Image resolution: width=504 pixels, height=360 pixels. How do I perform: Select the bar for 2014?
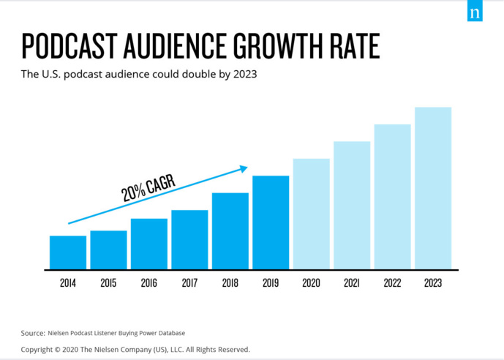click(68, 252)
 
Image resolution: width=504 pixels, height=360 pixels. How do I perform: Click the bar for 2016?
click(149, 244)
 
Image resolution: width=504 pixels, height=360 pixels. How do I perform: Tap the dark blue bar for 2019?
click(271, 222)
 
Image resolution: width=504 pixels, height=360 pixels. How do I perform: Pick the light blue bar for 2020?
click(312, 214)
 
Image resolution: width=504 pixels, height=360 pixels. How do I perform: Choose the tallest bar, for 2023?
click(433, 188)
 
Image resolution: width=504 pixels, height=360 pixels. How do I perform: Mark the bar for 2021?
click(352, 205)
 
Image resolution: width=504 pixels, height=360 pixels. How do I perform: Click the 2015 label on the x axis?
click(108, 282)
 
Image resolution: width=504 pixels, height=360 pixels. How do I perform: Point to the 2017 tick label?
click(189, 282)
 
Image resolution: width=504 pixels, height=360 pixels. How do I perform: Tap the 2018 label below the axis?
click(230, 282)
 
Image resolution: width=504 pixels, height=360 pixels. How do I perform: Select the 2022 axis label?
click(392, 282)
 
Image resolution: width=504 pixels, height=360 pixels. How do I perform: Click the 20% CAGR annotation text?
click(148, 187)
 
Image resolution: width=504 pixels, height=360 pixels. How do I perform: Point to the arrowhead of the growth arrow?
click(244, 169)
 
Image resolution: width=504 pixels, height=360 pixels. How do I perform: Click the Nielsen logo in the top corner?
click(475, 12)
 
